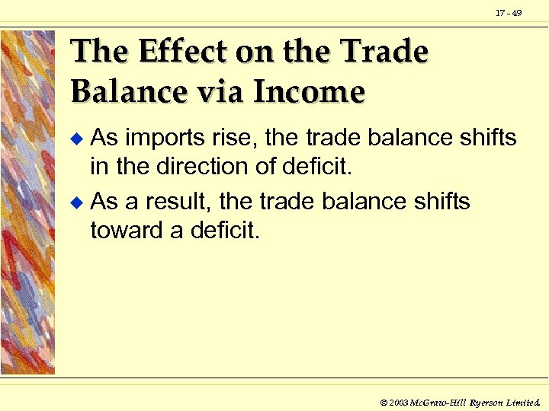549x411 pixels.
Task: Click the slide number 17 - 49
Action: tap(509, 13)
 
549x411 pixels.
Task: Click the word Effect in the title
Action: tap(176, 52)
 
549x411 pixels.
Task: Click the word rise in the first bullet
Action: tap(222, 139)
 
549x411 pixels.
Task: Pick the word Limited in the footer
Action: tap(524, 401)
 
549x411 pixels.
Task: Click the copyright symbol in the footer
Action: tap(384, 401)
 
